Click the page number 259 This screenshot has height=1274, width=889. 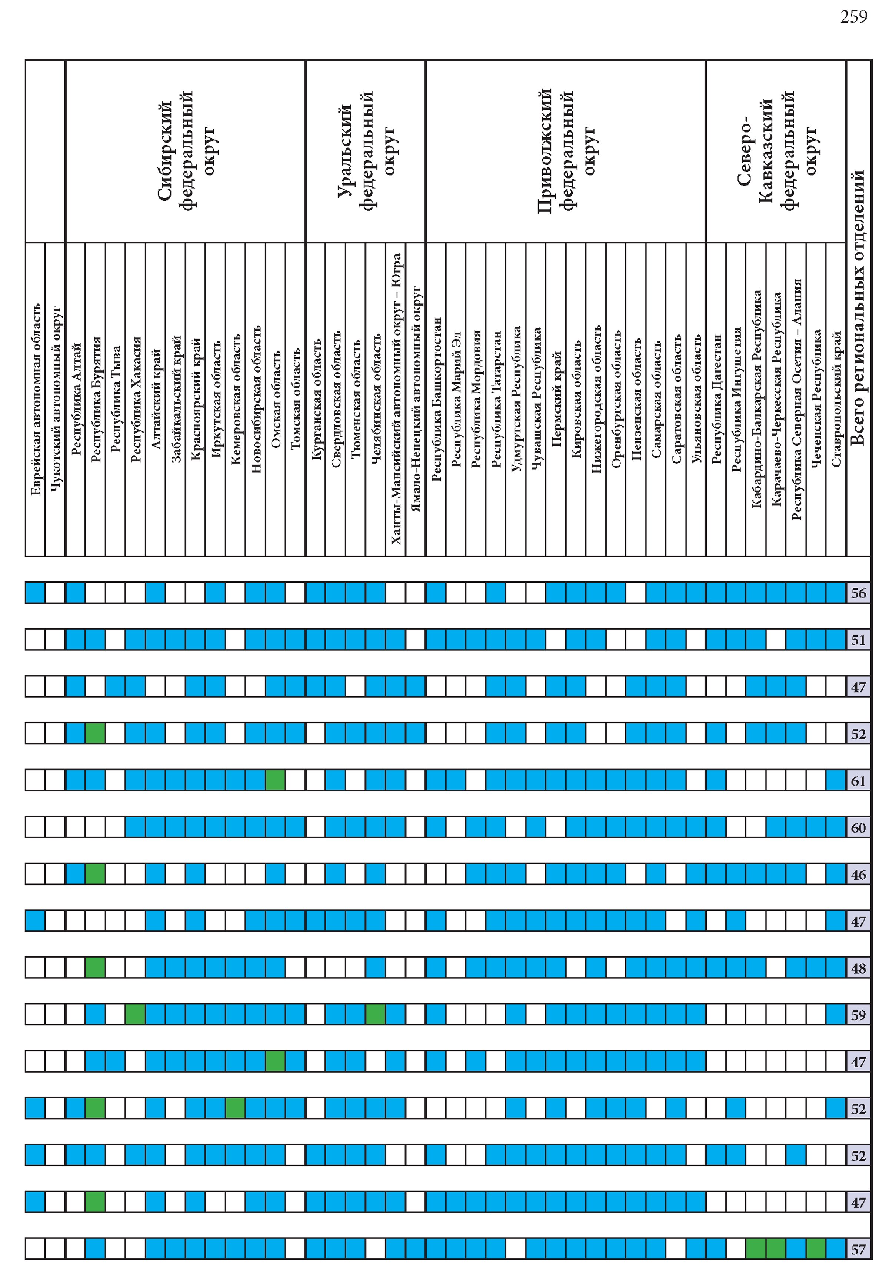(853, 17)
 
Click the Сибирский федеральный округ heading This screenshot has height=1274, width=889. (185, 151)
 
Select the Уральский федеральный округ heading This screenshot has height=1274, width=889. (366, 151)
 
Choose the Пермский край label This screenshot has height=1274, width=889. (556, 399)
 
